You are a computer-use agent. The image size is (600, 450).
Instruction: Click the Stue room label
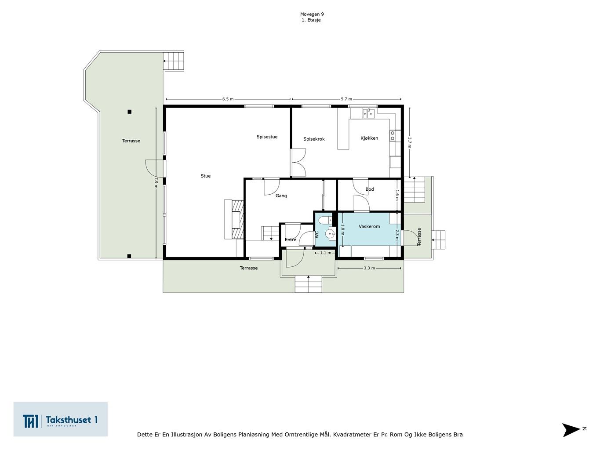tap(206, 176)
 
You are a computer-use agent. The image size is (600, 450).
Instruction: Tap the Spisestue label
tap(267, 137)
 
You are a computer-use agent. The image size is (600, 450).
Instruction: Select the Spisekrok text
tap(314, 139)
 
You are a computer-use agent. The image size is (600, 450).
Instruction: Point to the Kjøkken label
tap(369, 138)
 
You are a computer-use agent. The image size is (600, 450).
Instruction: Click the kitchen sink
tap(368, 113)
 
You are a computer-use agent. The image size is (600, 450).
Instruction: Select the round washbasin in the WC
tap(330, 234)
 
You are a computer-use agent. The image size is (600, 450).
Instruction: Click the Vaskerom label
tap(369, 226)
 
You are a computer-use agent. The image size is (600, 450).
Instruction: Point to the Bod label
tap(370, 189)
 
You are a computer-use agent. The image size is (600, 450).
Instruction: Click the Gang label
tap(281, 196)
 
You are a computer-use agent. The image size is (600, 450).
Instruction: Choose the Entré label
tap(290, 240)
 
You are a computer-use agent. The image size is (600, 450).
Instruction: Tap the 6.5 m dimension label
tap(228, 99)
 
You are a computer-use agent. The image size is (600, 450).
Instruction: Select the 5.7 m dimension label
tap(346, 99)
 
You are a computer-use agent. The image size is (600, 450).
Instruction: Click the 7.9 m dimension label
tap(156, 182)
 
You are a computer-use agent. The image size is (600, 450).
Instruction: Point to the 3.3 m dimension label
tap(369, 268)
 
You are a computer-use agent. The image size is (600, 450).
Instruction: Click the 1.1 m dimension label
tap(326, 253)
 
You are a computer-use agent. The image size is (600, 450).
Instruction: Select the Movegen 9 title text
tap(312, 14)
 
